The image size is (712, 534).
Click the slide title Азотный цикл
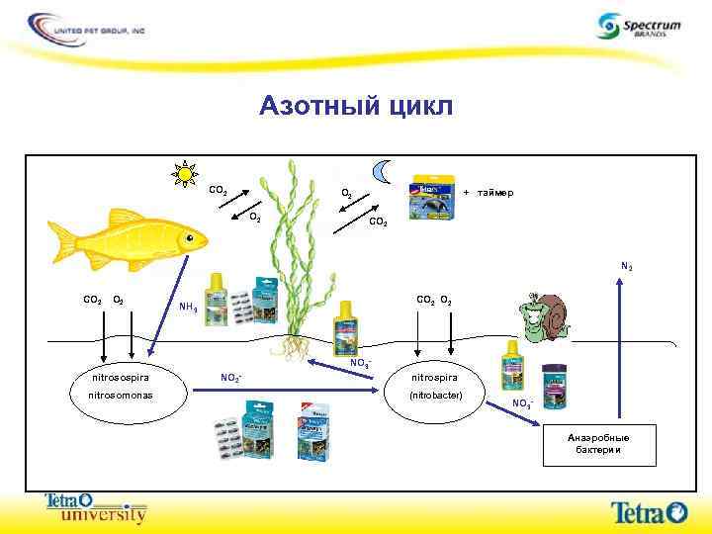[x=356, y=106]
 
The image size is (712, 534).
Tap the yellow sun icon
[x=185, y=175]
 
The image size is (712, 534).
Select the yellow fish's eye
[x=189, y=237]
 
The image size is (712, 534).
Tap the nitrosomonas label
[x=117, y=396]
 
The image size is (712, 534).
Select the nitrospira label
[x=433, y=377]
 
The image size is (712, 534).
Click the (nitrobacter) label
[x=433, y=396]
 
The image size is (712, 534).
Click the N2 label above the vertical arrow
[x=627, y=266]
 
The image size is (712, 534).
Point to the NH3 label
[x=187, y=308]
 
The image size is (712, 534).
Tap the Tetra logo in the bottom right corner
[x=648, y=511]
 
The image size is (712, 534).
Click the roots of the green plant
[x=293, y=346]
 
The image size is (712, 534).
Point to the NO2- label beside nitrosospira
[x=231, y=378]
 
